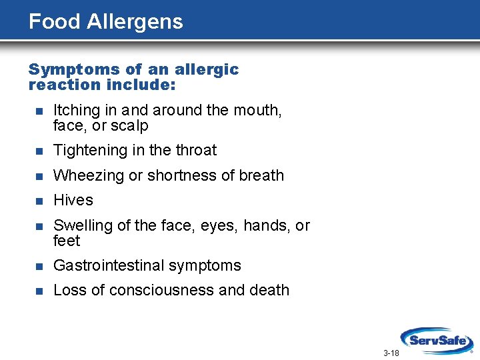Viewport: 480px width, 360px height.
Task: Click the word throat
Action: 196,150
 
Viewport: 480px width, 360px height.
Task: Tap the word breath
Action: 261,175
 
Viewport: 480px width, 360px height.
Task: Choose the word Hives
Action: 73,200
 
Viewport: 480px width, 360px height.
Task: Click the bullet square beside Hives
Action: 38,201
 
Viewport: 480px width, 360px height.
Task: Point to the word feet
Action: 66,241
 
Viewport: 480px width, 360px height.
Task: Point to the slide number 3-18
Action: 391,353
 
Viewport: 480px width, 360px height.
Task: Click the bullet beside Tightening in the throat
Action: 38,151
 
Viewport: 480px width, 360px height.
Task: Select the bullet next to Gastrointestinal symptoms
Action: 38,266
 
